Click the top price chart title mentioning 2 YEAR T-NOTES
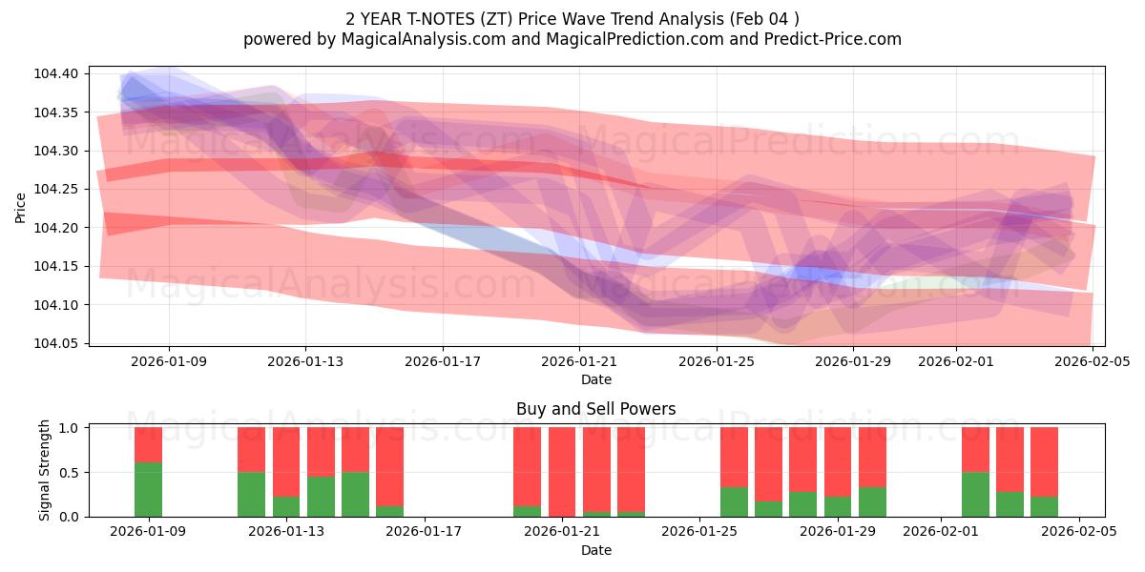572,19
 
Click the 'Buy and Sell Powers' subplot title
595,409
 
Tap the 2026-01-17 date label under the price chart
443,362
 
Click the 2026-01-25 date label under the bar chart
700,533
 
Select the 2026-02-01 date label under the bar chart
942,533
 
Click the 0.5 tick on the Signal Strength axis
70,473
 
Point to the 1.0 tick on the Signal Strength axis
70,428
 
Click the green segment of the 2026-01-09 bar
148,490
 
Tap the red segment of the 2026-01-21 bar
562,472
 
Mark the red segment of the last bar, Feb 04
1044,461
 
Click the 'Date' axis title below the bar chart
595,550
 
